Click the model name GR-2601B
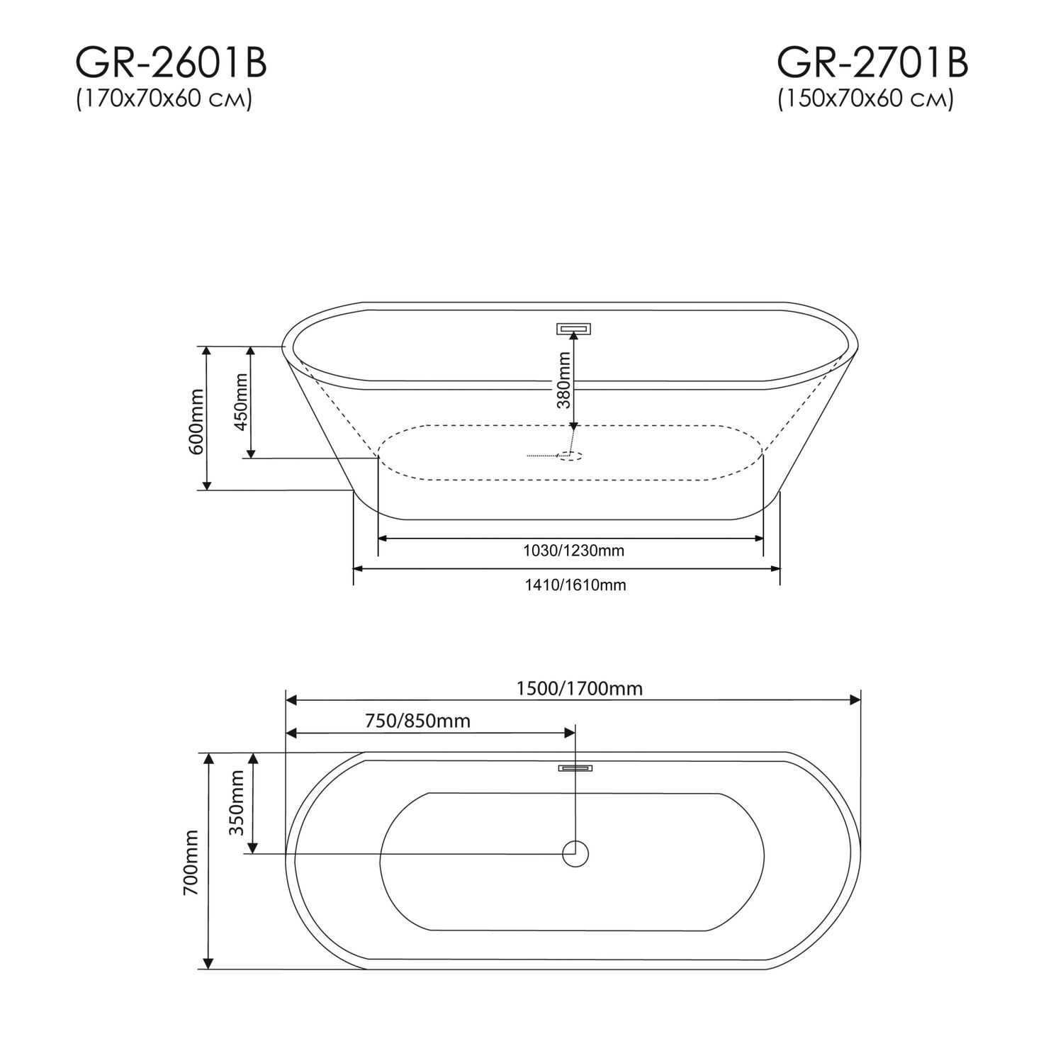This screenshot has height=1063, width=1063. click(171, 64)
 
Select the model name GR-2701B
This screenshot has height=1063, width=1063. click(872, 64)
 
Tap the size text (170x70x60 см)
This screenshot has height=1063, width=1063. click(164, 100)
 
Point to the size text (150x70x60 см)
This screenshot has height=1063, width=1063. click(865, 100)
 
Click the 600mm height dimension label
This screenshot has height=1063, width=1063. click(196, 422)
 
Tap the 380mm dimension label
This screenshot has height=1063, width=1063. click(564, 380)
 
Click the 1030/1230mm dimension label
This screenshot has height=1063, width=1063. click(573, 551)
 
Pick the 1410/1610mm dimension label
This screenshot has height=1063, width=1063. click(575, 585)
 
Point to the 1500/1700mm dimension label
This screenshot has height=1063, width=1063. click(579, 688)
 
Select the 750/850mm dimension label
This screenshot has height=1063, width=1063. click(417, 721)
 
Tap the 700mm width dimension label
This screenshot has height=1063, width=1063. click(191, 862)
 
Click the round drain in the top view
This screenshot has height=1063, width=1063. click(575, 853)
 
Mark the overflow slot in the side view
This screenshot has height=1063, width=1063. click(574, 328)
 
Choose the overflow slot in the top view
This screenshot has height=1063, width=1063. click(575, 767)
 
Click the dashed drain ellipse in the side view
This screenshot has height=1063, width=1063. click(570, 456)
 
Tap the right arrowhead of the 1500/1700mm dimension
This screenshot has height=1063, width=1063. click(855, 700)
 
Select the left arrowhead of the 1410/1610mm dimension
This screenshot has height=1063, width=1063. click(359, 568)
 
